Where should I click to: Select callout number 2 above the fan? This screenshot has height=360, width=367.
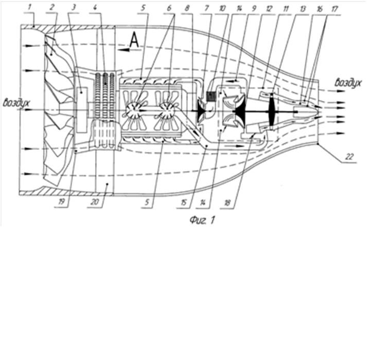click(52, 7)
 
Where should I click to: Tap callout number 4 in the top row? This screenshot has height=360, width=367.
click(95, 7)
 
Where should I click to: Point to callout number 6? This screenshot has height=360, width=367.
click(169, 8)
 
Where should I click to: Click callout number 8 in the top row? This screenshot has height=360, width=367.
click(187, 8)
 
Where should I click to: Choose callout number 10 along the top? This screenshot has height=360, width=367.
click(222, 8)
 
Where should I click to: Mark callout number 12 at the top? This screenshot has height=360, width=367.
click(269, 9)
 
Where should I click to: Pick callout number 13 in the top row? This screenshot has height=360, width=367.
click(303, 9)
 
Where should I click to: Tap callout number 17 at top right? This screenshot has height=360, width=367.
click(335, 9)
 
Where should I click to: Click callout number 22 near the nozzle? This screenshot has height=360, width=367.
click(349, 157)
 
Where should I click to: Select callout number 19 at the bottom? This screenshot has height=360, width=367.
click(61, 202)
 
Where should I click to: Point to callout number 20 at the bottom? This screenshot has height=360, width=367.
click(95, 202)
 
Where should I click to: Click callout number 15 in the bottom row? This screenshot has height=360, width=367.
click(184, 202)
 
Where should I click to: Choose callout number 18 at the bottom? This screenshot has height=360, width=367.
click(228, 202)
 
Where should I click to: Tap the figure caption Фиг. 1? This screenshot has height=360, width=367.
click(202, 220)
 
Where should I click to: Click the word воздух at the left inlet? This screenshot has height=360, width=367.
click(16, 103)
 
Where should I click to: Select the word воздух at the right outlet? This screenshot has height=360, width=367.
click(348, 83)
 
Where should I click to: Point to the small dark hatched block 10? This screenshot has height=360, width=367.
click(211, 96)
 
